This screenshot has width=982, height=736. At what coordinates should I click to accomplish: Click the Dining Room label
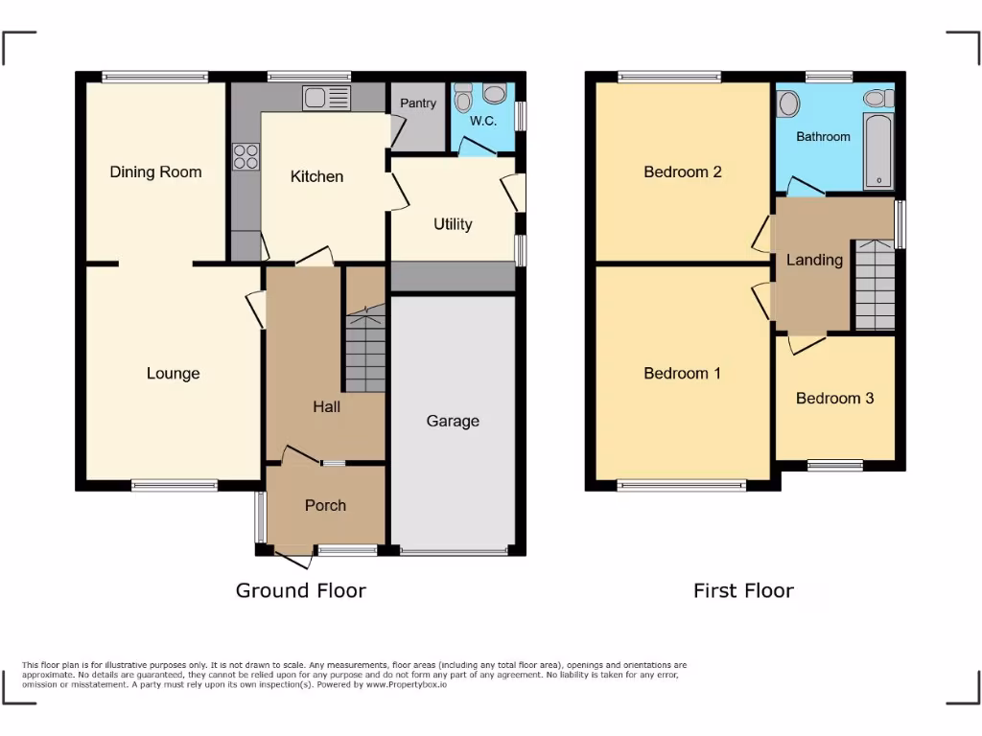(x=155, y=172)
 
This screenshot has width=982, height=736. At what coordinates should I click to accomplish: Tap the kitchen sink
(x=328, y=97)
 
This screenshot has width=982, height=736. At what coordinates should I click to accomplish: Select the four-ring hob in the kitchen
(x=245, y=156)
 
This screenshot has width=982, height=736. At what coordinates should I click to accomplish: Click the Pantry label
(x=418, y=103)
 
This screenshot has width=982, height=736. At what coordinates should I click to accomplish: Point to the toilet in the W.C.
(x=463, y=98)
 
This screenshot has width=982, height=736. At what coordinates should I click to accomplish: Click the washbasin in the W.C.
(x=495, y=94)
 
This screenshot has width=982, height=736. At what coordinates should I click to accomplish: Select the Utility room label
(x=453, y=224)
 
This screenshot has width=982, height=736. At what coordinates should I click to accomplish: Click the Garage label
(x=453, y=422)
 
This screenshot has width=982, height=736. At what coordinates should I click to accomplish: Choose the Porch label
(x=325, y=506)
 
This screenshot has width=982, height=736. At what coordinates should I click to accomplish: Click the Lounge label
(x=174, y=374)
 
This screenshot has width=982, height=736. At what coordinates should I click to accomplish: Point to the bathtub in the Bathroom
(x=877, y=151)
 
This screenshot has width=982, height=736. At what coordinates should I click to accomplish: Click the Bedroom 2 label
(x=683, y=172)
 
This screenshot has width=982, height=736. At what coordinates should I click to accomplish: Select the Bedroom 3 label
(x=834, y=399)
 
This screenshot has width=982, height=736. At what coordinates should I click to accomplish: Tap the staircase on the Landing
(x=875, y=285)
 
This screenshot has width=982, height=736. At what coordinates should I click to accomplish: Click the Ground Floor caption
(x=301, y=590)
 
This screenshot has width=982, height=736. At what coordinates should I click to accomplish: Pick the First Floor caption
(x=743, y=590)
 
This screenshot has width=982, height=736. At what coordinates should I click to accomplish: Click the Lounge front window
(x=175, y=486)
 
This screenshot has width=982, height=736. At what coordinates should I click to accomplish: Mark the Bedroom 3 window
(x=834, y=466)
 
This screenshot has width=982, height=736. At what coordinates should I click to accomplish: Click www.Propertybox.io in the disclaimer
(x=407, y=685)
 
